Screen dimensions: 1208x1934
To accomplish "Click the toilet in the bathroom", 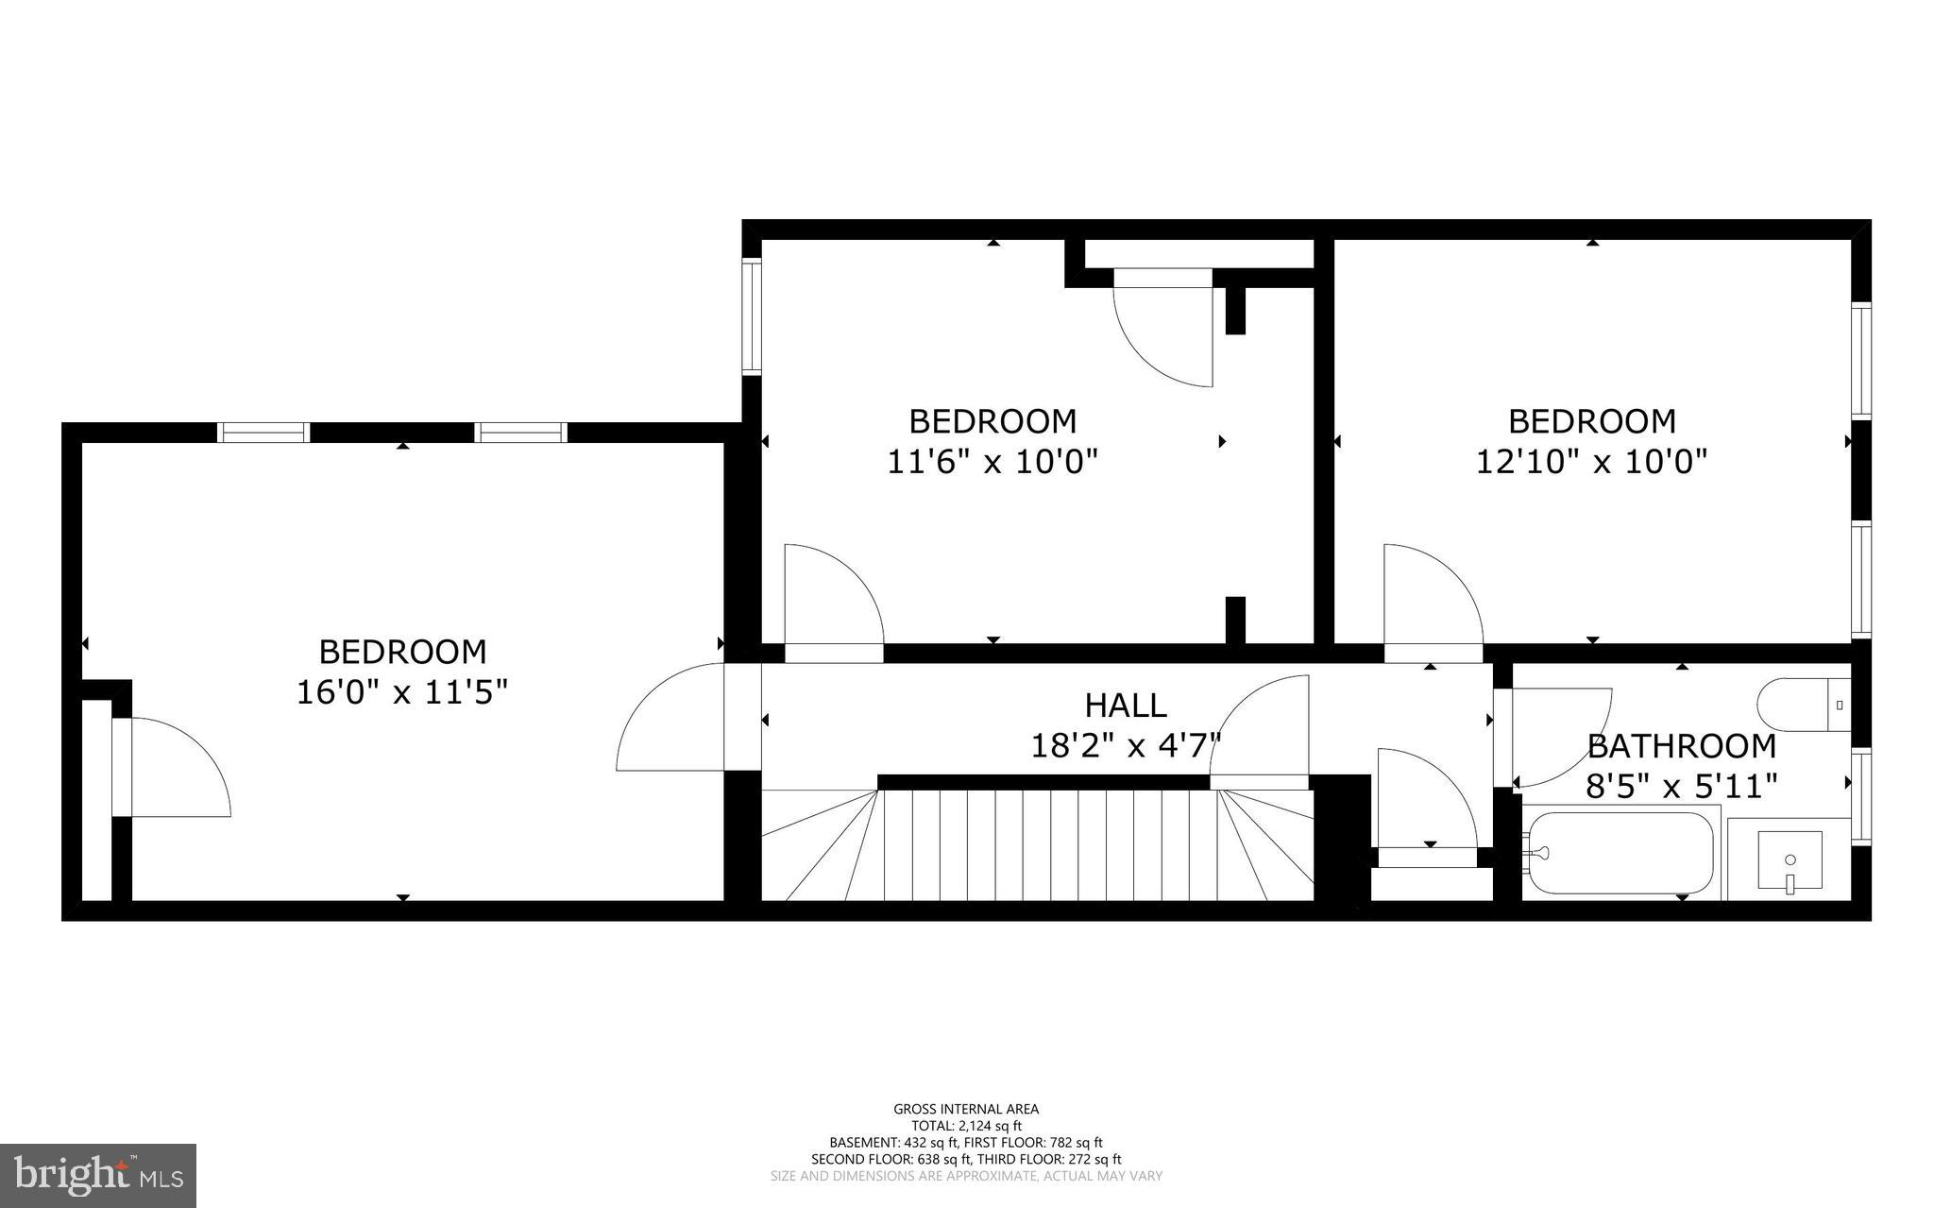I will click(1804, 704).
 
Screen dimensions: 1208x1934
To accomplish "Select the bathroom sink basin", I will click(1790, 860).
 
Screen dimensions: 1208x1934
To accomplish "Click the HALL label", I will click(1125, 706).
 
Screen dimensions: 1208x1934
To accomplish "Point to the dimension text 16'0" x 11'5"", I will click(402, 692).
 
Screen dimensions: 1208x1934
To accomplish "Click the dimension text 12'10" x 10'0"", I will click(1592, 462).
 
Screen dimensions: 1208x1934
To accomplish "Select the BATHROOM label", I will click(1681, 746).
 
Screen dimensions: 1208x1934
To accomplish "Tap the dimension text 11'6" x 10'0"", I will click(992, 462).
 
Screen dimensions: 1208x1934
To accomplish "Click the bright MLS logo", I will click(98, 1175).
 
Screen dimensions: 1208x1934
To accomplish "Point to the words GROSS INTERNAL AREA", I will click(966, 1109).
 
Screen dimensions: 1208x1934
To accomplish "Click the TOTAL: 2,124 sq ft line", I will click(966, 1126).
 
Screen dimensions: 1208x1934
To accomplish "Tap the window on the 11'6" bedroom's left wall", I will click(751, 315).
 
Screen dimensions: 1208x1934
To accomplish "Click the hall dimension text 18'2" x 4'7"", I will click(1125, 746).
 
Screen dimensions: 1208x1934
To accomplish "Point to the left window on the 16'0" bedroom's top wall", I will click(263, 433).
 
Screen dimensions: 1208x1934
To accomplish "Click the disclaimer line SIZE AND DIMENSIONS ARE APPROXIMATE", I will click(966, 1176).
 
